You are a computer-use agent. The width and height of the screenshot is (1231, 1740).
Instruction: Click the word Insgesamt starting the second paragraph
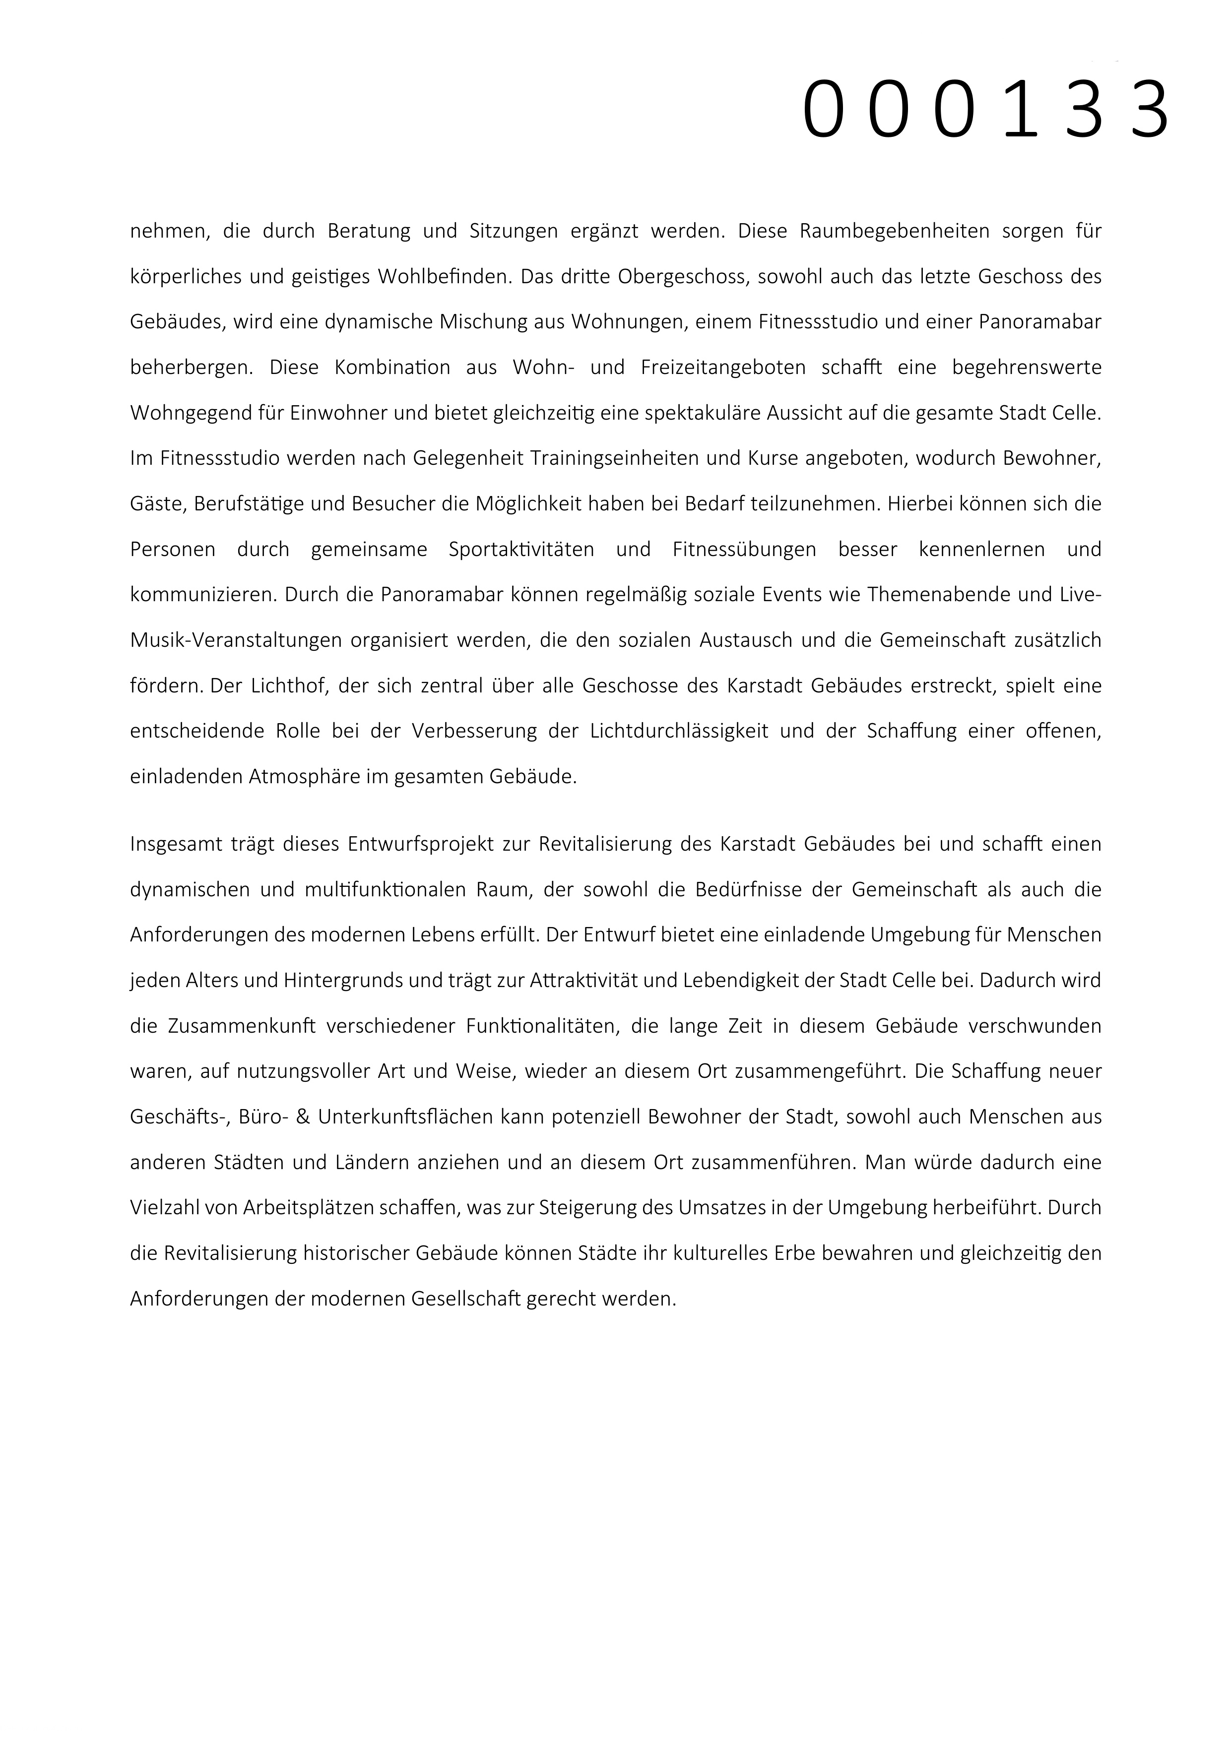[x=175, y=844]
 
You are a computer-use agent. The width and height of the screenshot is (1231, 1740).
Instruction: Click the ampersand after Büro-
[x=303, y=1117]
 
